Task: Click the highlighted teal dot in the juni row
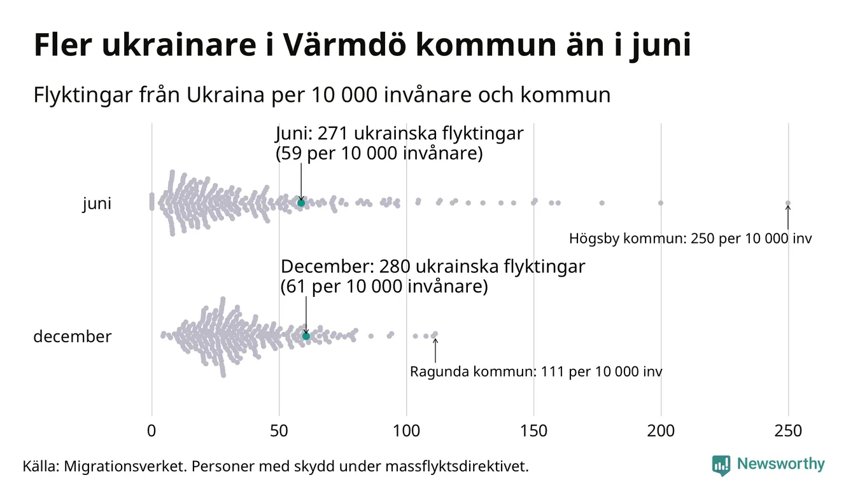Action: click(x=301, y=203)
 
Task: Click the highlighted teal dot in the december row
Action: click(x=306, y=336)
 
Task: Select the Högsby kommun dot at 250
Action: click(x=788, y=203)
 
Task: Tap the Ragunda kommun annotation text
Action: click(x=535, y=371)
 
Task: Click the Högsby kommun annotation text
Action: click(x=690, y=239)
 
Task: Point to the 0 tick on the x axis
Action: click(x=152, y=431)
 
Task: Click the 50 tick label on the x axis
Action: click(x=279, y=431)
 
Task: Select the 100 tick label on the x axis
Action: click(x=406, y=431)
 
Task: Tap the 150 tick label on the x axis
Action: click(x=533, y=431)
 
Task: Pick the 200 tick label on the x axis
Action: click(x=661, y=431)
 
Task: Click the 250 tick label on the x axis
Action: click(x=788, y=431)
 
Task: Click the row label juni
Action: click(x=97, y=204)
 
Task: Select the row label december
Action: click(x=72, y=336)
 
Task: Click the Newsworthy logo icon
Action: click(x=721, y=465)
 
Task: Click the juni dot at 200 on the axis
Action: click(x=661, y=203)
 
